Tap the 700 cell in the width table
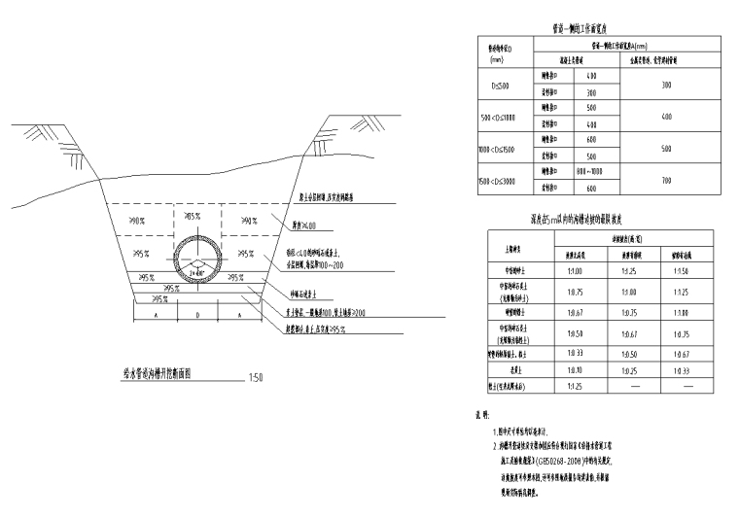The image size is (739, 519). click(666, 180)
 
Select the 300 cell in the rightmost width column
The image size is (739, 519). click(666, 85)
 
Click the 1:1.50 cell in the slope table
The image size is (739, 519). click(681, 271)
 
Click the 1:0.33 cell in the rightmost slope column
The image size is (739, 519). click(681, 370)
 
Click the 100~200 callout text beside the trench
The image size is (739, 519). click(338, 263)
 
